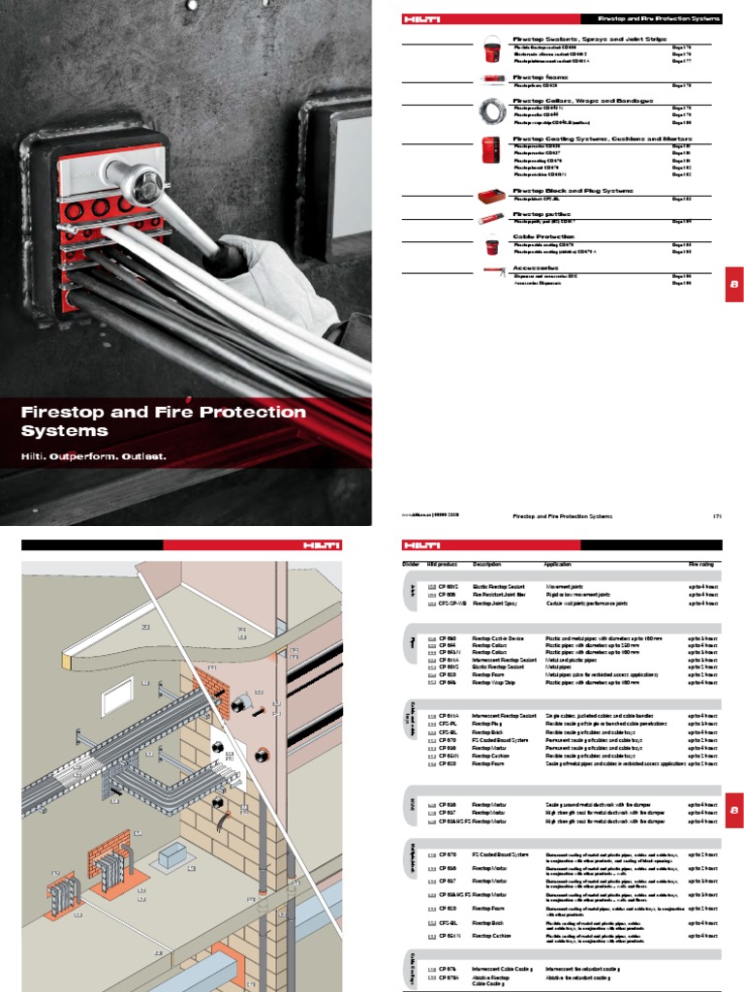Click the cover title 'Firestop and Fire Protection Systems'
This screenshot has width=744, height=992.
click(x=163, y=420)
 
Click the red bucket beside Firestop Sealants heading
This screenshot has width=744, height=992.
click(x=493, y=47)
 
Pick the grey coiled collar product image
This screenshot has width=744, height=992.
click(x=493, y=111)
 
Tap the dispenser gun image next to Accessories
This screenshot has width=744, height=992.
click(x=493, y=274)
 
